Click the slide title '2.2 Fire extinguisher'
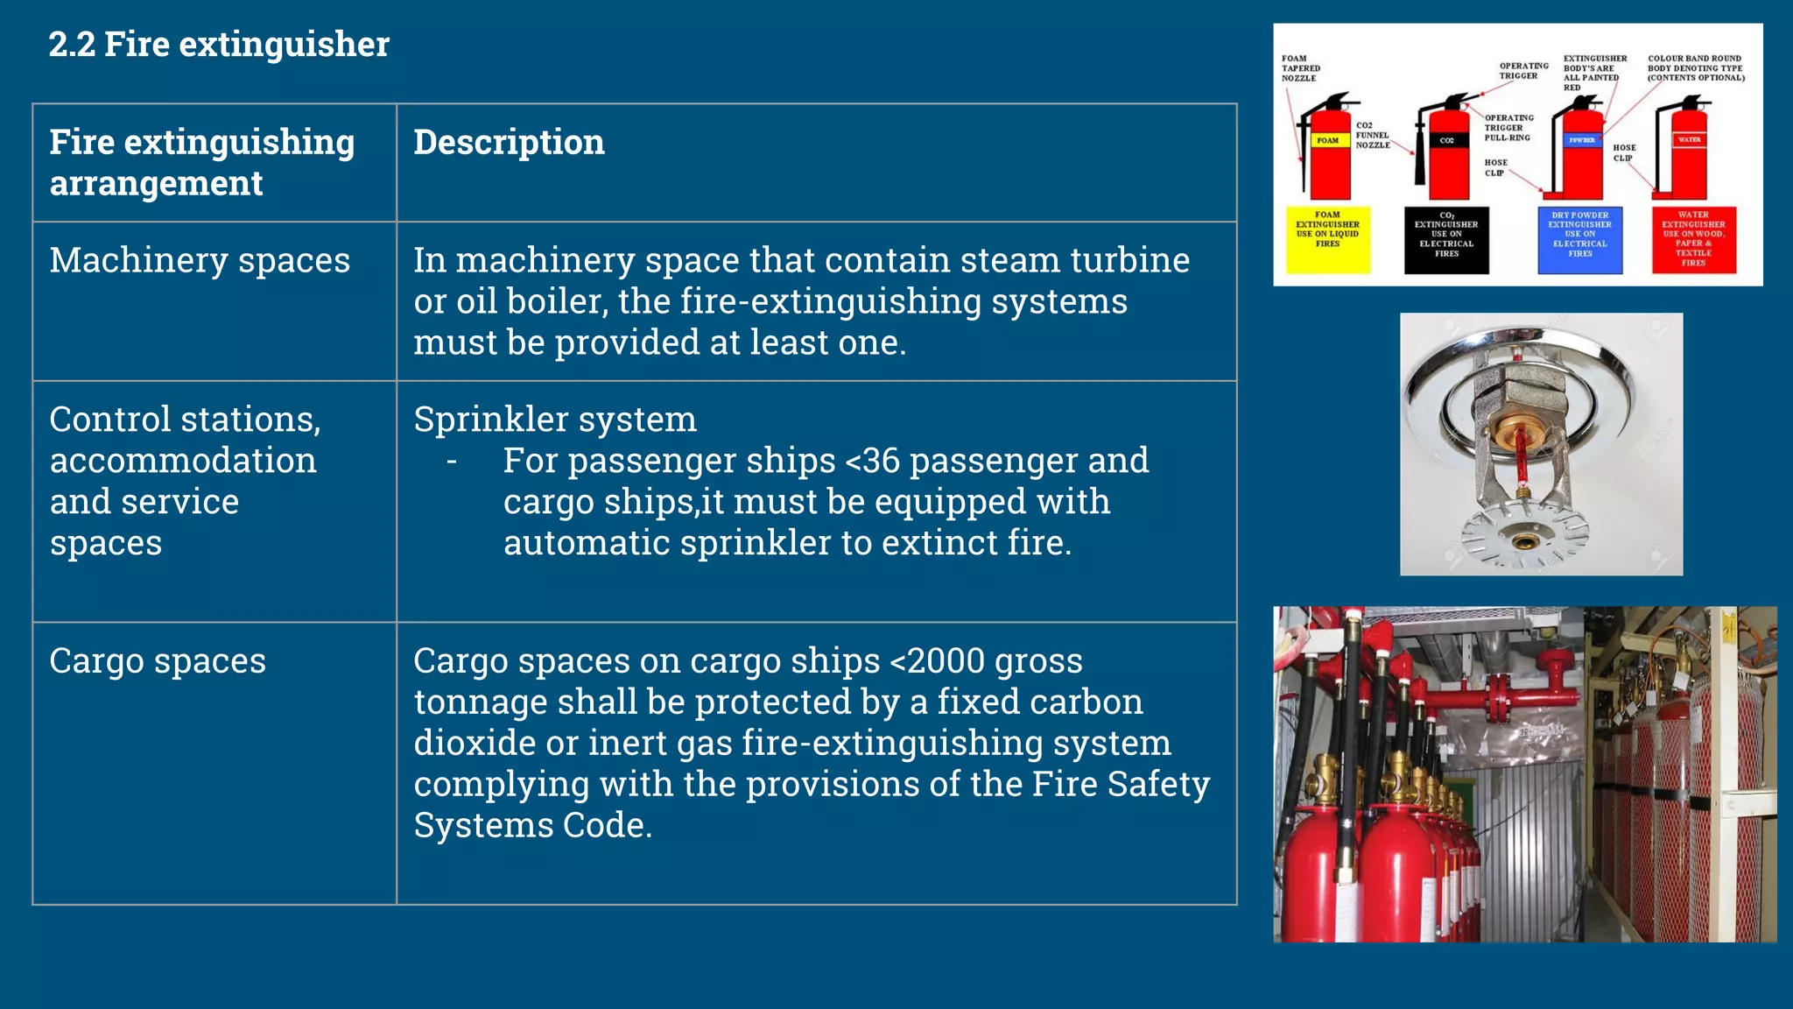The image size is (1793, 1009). [219, 45]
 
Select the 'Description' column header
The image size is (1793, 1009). [509, 143]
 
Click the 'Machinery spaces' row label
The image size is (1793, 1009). [200, 261]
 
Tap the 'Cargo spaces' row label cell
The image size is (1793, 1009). [158, 661]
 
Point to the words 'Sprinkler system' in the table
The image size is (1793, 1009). [555, 420]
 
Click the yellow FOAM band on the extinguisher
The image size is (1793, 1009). [1327, 140]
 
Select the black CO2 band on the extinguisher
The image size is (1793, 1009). [1446, 140]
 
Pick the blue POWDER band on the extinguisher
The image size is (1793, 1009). [1581, 140]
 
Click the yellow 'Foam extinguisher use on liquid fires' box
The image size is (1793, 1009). [1327, 240]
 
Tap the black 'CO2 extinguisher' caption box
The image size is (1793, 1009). [1446, 240]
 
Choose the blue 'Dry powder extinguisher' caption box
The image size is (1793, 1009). [1580, 240]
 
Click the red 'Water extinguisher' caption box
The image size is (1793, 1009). [1693, 240]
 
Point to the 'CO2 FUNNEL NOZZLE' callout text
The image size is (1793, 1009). [1372, 136]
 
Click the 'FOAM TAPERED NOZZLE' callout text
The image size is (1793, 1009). [1300, 68]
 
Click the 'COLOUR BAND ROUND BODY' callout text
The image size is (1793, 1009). [1695, 68]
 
